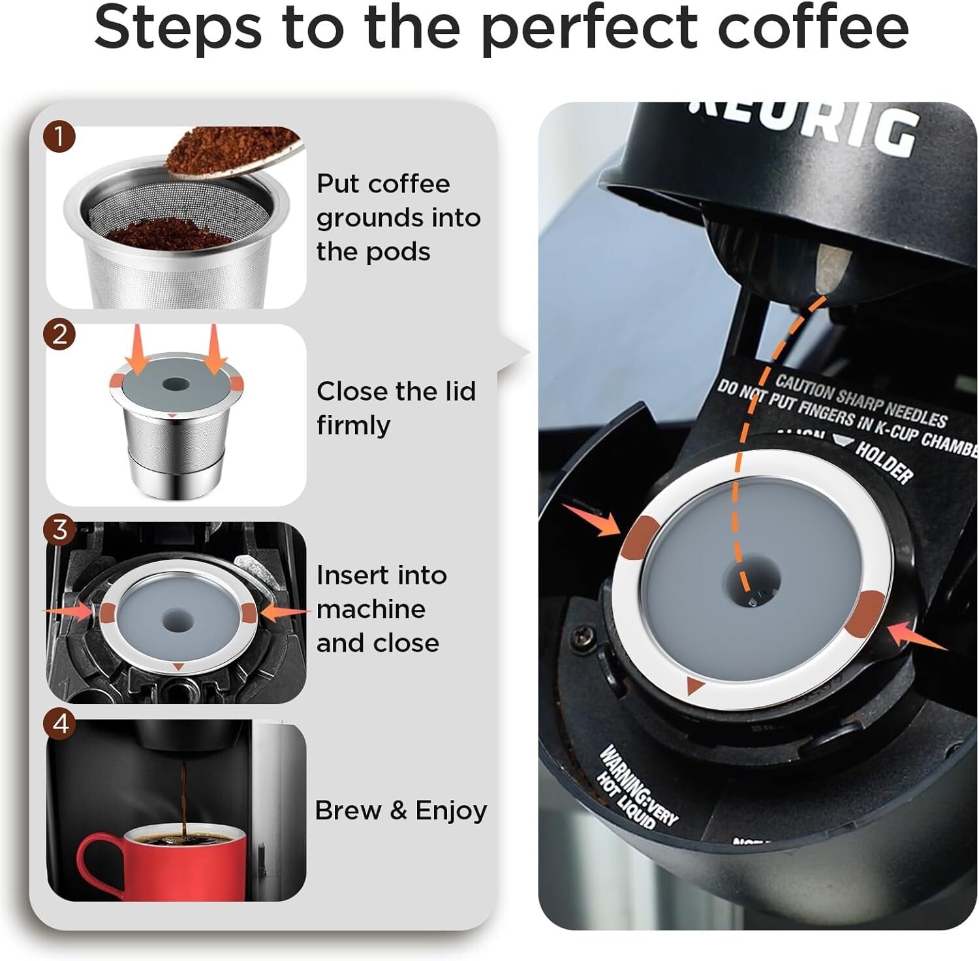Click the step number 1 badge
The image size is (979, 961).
[x=59, y=138]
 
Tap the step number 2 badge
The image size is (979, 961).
[x=59, y=335]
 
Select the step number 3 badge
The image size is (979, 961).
[x=59, y=530]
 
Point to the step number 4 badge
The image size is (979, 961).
[x=60, y=723]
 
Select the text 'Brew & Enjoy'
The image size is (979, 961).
[x=401, y=810]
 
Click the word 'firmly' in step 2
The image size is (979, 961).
[x=353, y=425]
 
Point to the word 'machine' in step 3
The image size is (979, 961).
[x=371, y=609]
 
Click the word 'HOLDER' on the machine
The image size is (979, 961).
[x=884, y=462]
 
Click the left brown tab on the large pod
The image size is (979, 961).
[x=639, y=538]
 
